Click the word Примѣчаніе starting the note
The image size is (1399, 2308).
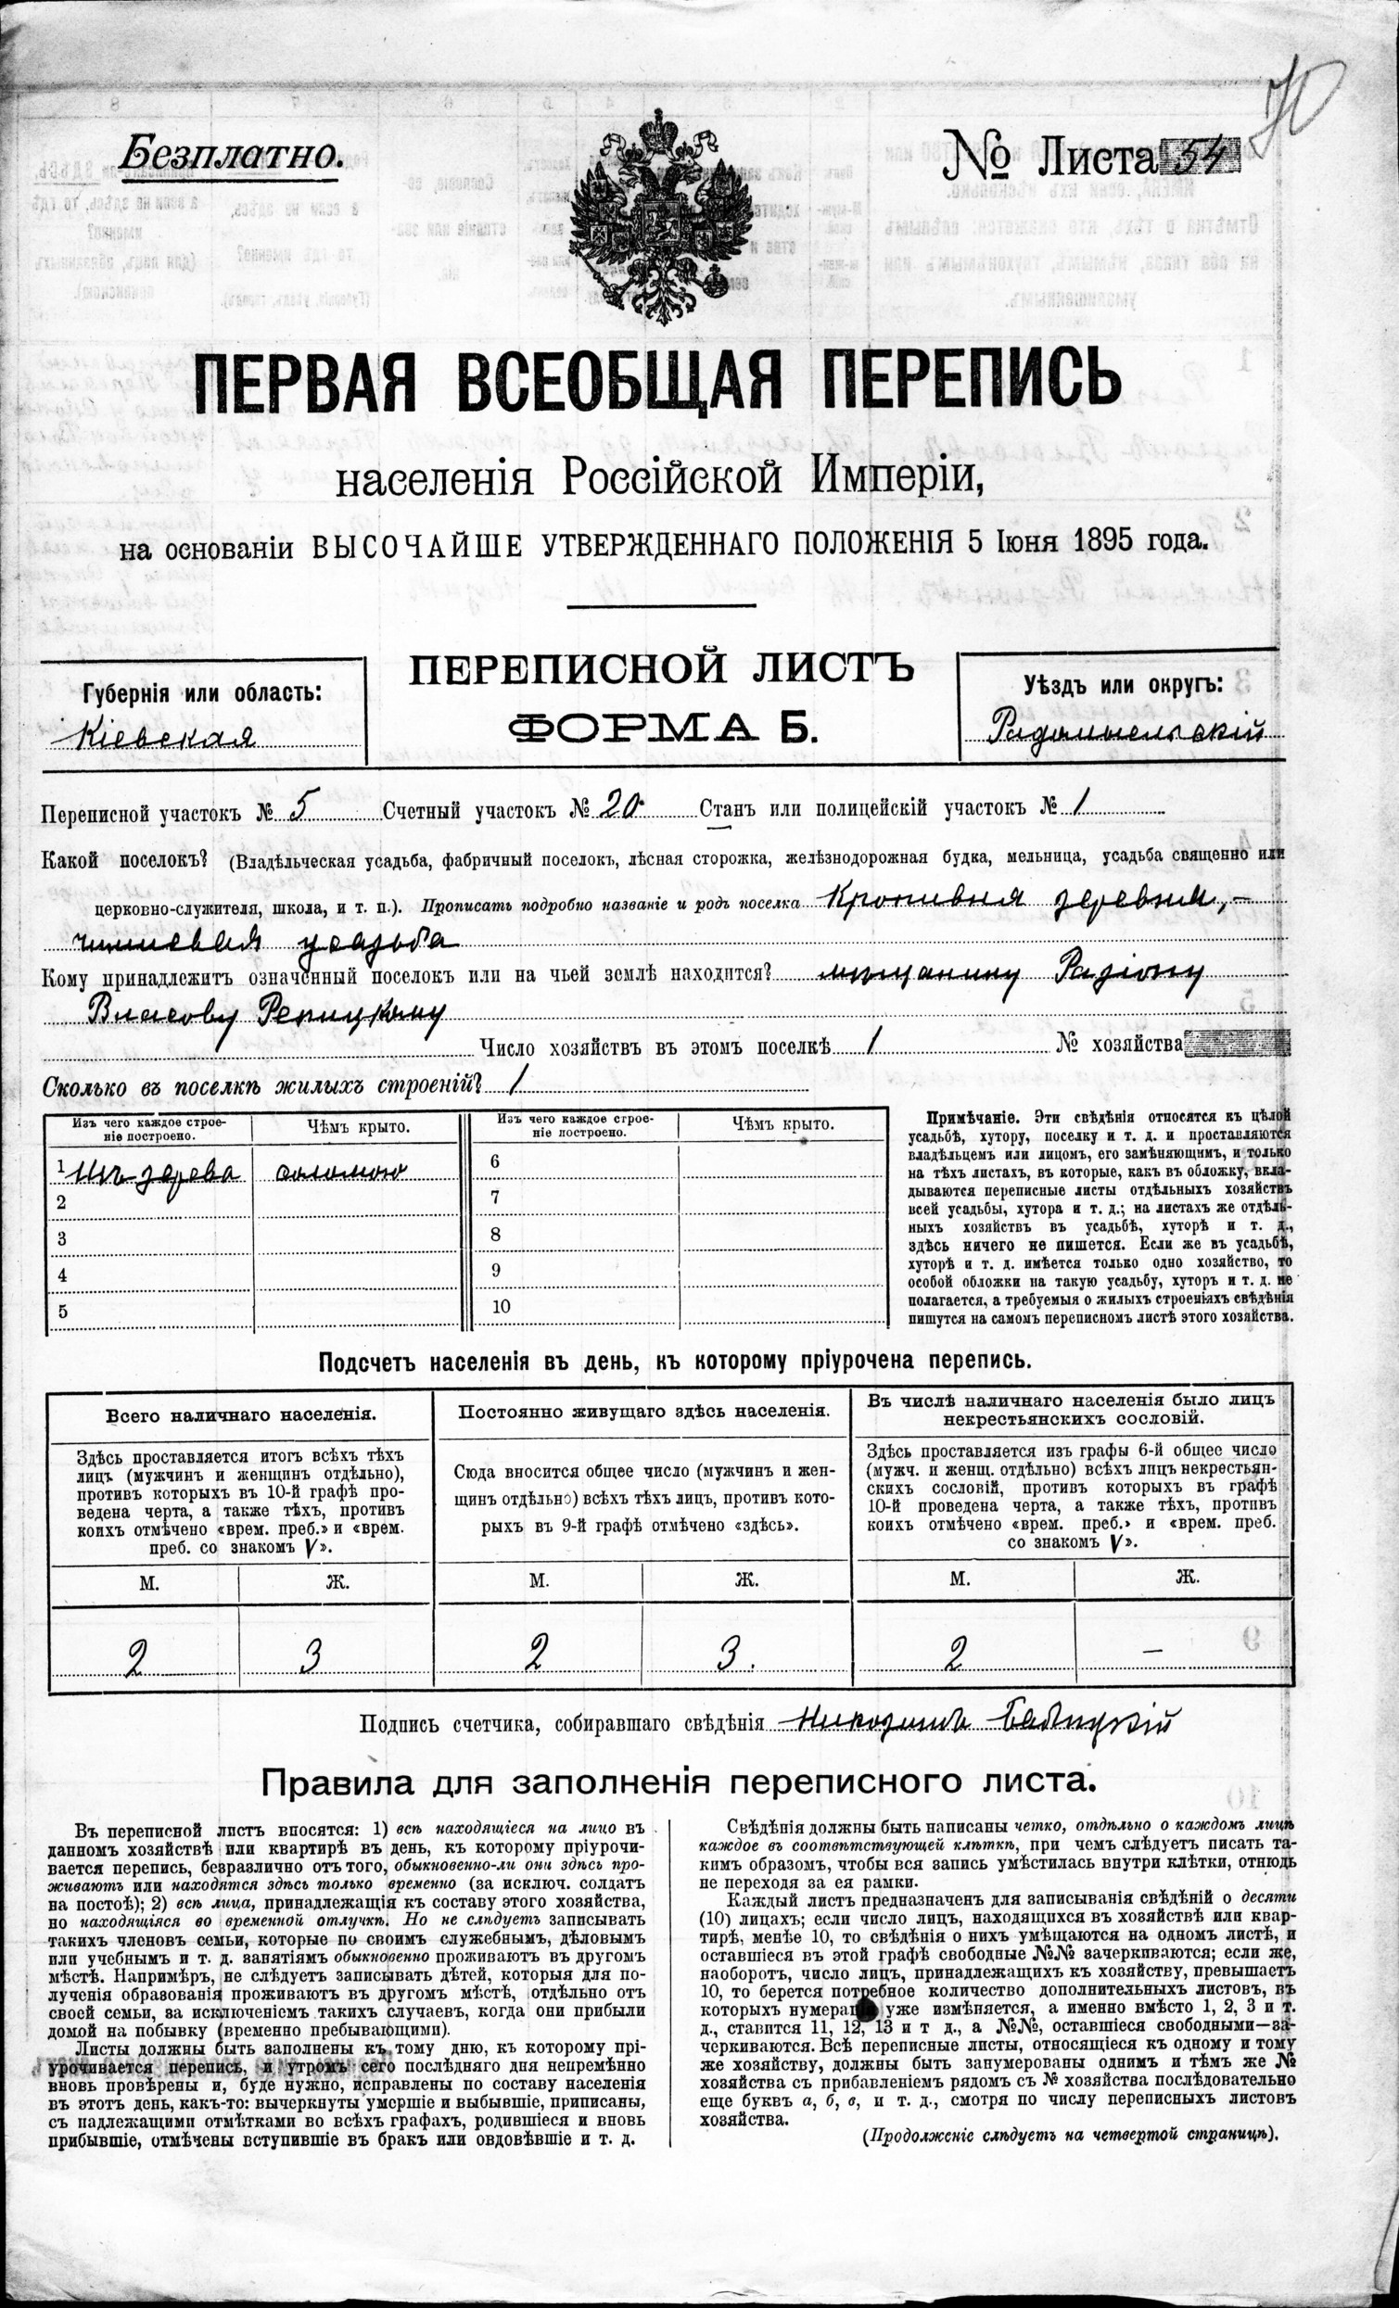(966, 1117)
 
